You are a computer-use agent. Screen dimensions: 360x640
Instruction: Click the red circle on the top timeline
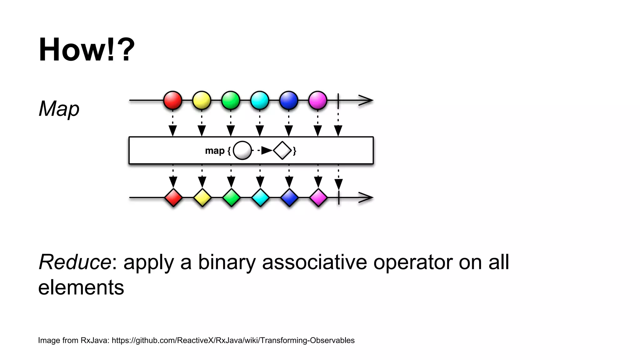click(172, 100)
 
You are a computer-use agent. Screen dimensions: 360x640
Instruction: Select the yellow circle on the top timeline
click(202, 100)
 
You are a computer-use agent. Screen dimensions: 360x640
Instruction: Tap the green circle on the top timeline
click(231, 100)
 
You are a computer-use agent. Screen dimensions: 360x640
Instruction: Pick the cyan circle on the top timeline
click(260, 100)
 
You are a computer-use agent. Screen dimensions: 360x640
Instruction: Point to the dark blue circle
click(289, 100)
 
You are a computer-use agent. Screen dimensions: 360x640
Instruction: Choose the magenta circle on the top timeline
click(318, 100)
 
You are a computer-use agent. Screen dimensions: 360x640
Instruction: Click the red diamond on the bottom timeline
click(173, 197)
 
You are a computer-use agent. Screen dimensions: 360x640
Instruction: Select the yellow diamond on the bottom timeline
click(202, 197)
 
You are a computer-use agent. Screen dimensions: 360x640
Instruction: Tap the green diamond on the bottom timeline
click(231, 197)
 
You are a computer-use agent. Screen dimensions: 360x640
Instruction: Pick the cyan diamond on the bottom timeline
click(260, 197)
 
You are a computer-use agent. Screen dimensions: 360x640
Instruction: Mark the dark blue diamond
click(289, 197)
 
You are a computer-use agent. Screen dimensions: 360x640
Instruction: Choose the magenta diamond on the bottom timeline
click(318, 197)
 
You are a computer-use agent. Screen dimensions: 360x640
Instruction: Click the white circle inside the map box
click(242, 151)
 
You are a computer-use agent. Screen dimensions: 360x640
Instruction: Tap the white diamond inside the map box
click(282, 151)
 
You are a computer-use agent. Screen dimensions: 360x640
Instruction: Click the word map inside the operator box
click(215, 151)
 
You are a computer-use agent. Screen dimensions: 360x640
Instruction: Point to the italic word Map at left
click(59, 109)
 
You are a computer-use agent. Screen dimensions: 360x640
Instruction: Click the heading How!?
click(87, 50)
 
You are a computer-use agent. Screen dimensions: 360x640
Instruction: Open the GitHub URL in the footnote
click(233, 340)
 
